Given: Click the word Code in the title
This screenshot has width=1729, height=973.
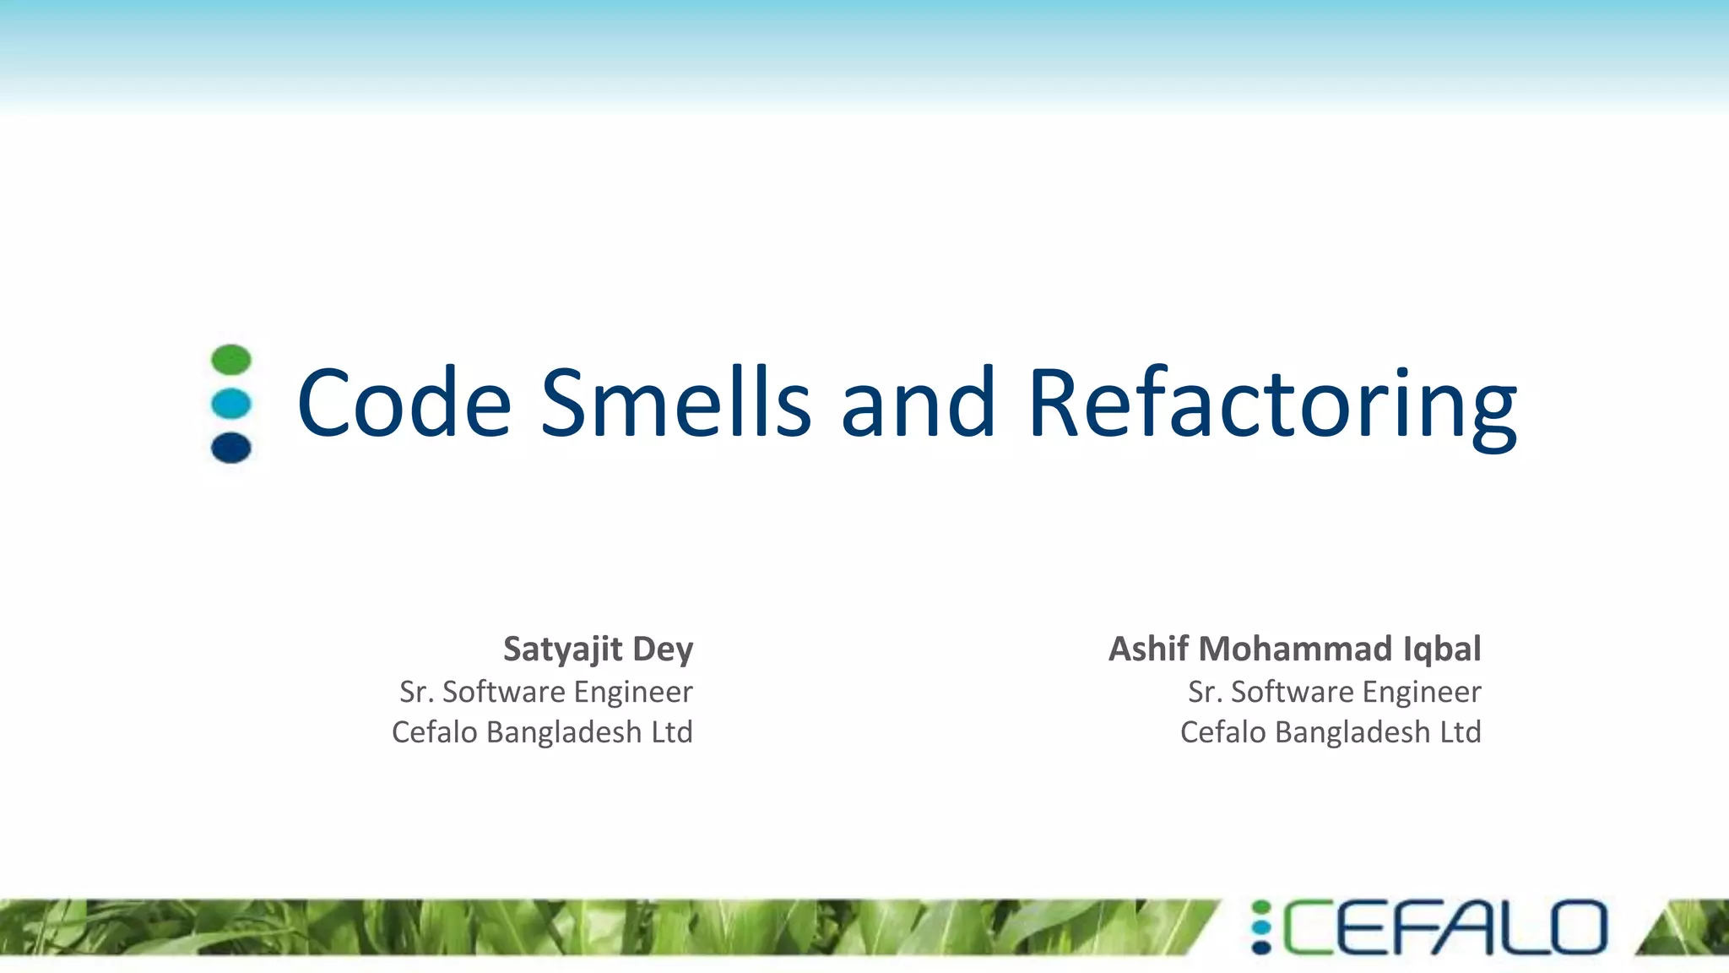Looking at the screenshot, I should (x=404, y=404).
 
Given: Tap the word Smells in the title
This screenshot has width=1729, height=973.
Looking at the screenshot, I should (x=675, y=404).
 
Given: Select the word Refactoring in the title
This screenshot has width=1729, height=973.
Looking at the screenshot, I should (x=1271, y=405).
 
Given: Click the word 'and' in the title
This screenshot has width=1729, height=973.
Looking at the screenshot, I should (x=919, y=404).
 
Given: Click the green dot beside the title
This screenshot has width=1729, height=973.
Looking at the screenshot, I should (x=231, y=360).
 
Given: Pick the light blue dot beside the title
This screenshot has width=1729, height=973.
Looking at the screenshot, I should (x=231, y=404).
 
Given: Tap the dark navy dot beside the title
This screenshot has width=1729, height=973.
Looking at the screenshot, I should (x=231, y=448).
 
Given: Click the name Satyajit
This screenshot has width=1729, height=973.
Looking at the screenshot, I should (x=562, y=650).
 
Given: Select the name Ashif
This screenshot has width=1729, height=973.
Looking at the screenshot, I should (x=1148, y=649).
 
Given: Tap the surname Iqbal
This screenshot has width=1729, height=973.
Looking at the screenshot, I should (x=1442, y=649).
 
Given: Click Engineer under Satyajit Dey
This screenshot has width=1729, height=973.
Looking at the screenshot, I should (x=633, y=692).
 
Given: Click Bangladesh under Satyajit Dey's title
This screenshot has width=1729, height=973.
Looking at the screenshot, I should (x=564, y=732).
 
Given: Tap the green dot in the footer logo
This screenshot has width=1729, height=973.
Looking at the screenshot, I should (x=1261, y=908).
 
